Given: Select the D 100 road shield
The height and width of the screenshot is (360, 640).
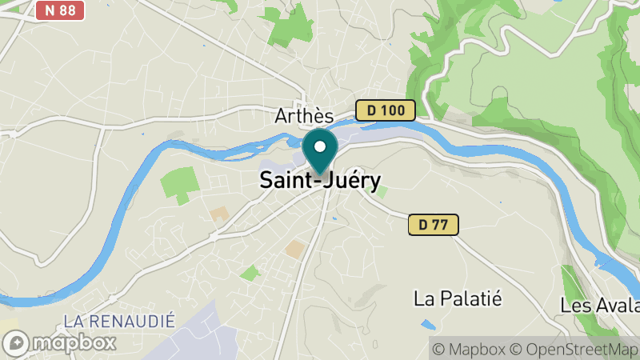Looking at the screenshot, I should [x=386, y=110].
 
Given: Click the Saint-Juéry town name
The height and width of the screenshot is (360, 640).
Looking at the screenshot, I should [x=320, y=181].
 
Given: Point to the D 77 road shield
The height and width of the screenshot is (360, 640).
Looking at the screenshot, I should [x=434, y=225].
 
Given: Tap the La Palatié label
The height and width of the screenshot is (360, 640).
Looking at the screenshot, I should [x=458, y=299].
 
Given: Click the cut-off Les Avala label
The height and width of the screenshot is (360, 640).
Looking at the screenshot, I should [x=600, y=306].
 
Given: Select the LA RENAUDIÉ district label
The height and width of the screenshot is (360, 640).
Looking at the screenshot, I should [x=118, y=322].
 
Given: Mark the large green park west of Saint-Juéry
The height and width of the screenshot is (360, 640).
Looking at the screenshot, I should [x=179, y=184].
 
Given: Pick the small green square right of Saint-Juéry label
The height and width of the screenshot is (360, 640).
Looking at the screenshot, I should [x=382, y=192].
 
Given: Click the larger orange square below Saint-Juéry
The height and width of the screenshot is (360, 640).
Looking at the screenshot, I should [x=295, y=249].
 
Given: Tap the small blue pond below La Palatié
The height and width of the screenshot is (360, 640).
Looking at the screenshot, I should [x=428, y=326].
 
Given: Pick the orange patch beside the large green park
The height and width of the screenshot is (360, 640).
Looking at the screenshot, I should [x=219, y=215].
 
